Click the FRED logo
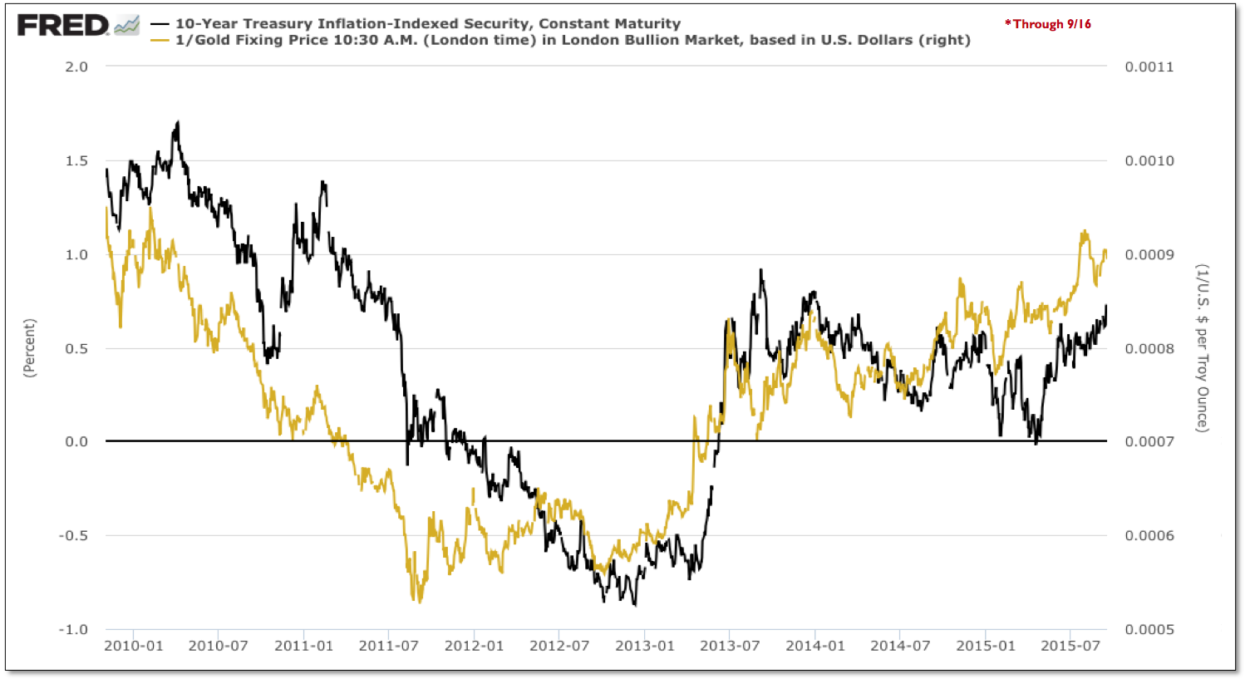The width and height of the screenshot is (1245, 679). coord(63,26)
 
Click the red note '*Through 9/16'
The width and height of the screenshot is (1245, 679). coord(1048,24)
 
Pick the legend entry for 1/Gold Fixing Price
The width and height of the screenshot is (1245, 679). coord(572,40)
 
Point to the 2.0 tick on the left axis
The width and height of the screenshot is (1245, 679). coord(76,67)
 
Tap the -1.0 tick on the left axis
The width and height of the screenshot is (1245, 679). coord(73,629)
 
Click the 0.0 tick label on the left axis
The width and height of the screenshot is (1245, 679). coord(76,442)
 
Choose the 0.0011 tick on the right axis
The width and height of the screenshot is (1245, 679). coord(1149,67)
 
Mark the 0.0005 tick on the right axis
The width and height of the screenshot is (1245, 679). coord(1149,629)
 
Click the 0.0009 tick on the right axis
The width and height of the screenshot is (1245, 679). coord(1149,255)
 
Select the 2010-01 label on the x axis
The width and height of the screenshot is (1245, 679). coord(133,646)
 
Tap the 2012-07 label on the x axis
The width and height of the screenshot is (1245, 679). coord(559,646)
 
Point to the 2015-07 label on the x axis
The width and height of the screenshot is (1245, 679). coord(1070,646)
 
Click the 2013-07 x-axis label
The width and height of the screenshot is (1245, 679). coord(730,646)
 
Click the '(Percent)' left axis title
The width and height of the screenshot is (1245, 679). coord(30,348)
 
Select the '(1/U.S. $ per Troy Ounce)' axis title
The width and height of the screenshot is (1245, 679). coord(1202,348)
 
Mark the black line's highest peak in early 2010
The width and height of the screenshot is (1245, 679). coord(177,122)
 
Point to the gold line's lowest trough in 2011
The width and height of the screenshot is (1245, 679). coord(418,601)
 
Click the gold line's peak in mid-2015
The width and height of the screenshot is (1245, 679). coord(1085,232)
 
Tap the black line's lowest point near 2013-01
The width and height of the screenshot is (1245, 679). coord(635,605)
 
